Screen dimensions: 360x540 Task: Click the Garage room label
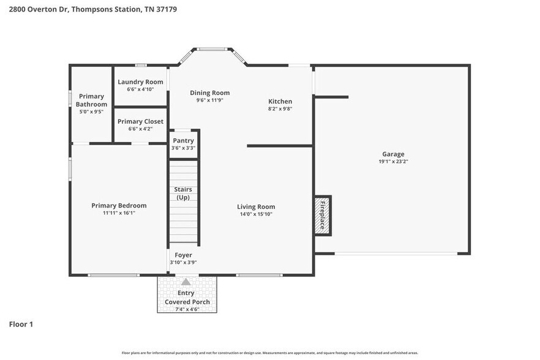click(x=393, y=154)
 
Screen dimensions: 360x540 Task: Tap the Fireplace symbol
click(x=323, y=216)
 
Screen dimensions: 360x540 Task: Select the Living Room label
click(x=256, y=207)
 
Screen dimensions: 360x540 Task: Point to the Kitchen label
click(x=280, y=102)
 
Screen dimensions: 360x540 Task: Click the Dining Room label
click(x=209, y=93)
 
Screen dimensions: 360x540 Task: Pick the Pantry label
click(x=183, y=141)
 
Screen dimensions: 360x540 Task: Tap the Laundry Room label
click(x=140, y=82)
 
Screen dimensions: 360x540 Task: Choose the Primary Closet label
click(x=140, y=122)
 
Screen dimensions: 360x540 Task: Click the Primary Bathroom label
click(x=91, y=100)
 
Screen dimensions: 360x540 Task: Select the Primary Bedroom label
click(x=119, y=206)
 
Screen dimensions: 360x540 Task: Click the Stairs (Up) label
click(x=183, y=193)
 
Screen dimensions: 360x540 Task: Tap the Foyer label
click(x=183, y=255)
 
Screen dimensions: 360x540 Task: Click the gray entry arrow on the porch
click(x=186, y=282)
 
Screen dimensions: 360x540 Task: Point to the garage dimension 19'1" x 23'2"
click(x=393, y=162)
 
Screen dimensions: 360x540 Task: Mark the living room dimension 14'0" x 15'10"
click(x=256, y=214)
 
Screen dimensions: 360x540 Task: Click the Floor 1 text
click(x=21, y=324)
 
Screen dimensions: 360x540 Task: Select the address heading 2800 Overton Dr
click(x=89, y=10)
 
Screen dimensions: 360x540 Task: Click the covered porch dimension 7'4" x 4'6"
click(x=187, y=309)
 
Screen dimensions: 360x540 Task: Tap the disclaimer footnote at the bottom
click(x=270, y=353)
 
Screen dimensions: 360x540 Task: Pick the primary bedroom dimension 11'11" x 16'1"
click(x=119, y=213)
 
